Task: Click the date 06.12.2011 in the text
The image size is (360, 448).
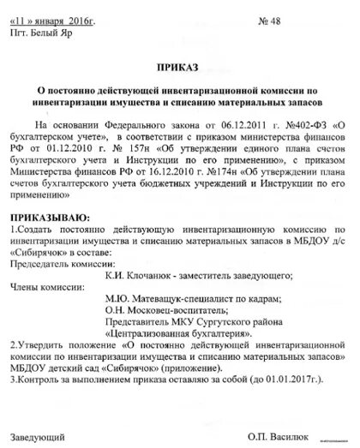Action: click(x=231, y=122)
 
